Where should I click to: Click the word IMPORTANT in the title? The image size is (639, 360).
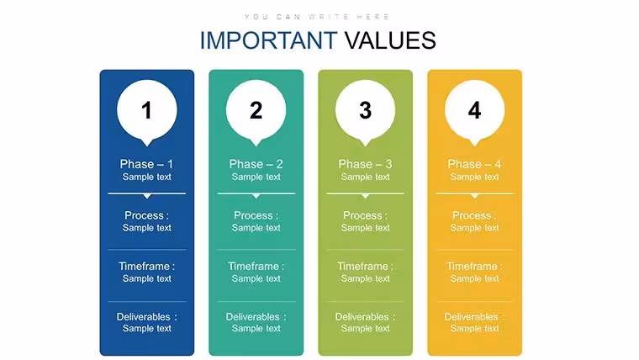click(x=268, y=40)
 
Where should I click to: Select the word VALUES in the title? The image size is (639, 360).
click(x=390, y=40)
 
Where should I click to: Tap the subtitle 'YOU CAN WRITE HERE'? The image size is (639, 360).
click(x=317, y=17)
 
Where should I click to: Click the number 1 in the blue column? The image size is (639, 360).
click(x=146, y=110)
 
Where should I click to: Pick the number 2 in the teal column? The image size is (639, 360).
click(x=256, y=110)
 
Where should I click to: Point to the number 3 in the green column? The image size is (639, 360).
click(x=365, y=110)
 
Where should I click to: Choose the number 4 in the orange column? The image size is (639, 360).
click(x=474, y=110)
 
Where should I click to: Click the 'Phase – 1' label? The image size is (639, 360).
click(x=146, y=164)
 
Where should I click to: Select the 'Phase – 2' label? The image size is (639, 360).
click(x=256, y=164)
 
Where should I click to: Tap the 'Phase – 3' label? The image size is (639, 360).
click(x=365, y=164)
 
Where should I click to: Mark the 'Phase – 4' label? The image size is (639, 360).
click(x=474, y=164)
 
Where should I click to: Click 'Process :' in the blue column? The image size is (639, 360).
click(x=146, y=215)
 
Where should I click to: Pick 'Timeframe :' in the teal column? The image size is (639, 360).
click(x=256, y=267)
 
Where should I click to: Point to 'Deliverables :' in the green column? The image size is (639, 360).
click(x=365, y=317)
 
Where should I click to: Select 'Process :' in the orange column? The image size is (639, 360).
click(x=474, y=215)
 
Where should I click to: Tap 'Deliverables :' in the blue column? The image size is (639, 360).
click(x=146, y=317)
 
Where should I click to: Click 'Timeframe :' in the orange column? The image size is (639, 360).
click(x=474, y=267)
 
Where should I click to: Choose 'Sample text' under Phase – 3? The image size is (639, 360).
click(x=365, y=177)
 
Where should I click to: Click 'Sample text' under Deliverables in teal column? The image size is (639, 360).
click(x=256, y=328)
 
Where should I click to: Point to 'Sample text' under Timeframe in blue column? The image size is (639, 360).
click(x=146, y=278)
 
